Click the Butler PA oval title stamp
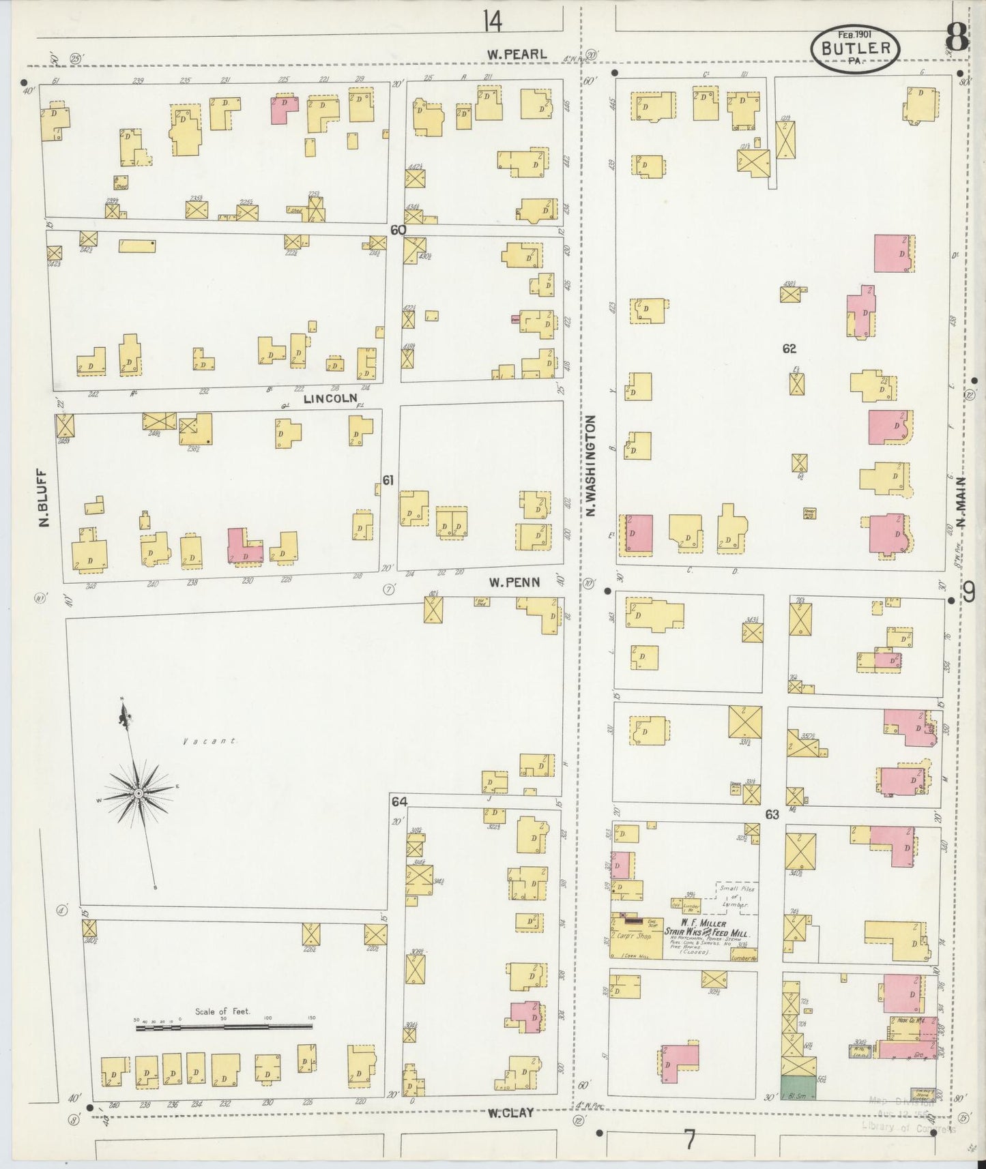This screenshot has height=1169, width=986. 855,49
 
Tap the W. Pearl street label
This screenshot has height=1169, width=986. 518,54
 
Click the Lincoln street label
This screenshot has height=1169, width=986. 330,398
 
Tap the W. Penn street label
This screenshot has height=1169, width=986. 514,582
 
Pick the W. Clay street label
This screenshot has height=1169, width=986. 510,1112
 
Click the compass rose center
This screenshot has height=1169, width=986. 139,793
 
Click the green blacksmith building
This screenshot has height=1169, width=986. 798,1088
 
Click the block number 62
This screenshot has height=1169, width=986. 789,349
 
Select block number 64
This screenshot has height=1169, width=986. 398,802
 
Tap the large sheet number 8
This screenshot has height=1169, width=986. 957,37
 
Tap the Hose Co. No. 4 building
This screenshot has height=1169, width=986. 906,1021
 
